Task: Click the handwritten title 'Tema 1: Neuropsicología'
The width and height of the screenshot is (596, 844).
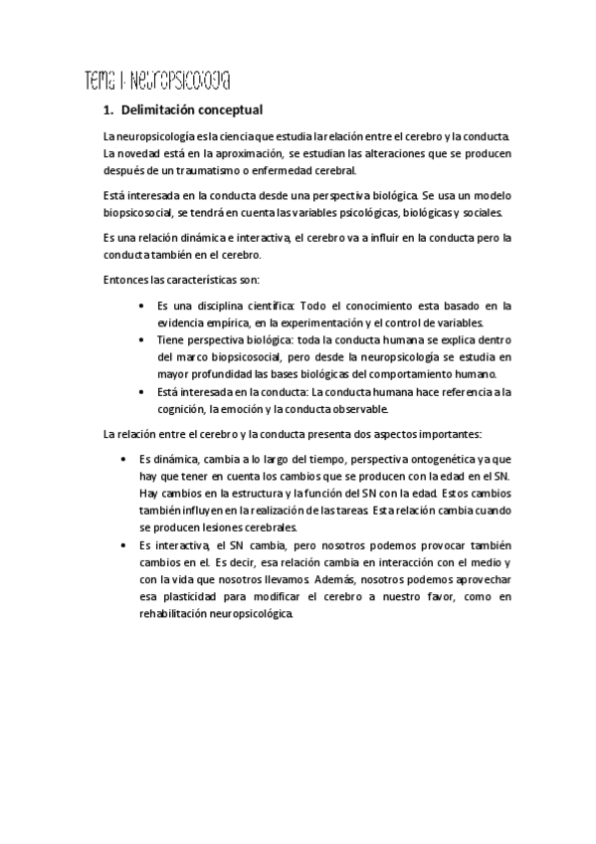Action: coord(158,78)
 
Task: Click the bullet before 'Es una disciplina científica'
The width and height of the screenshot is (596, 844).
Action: coord(144,306)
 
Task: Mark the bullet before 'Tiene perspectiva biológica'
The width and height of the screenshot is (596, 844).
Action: coord(144,340)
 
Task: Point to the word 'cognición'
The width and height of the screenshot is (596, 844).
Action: coord(184,408)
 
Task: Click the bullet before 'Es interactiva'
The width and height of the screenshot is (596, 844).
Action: coord(122,545)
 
